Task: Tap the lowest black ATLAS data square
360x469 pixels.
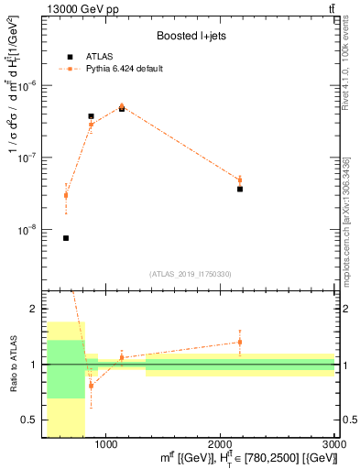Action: (x=66, y=238)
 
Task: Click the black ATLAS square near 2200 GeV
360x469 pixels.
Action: (x=240, y=189)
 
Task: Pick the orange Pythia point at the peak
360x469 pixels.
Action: (x=122, y=106)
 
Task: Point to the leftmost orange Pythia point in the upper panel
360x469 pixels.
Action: (x=66, y=195)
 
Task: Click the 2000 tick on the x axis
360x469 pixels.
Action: (x=220, y=444)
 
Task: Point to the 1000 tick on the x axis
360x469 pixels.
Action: (x=106, y=444)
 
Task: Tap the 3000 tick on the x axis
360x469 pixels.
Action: (x=333, y=444)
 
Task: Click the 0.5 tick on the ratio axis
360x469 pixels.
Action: (x=31, y=420)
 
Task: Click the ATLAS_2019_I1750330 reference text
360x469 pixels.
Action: (x=191, y=273)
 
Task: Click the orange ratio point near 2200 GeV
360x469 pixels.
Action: (x=240, y=342)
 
